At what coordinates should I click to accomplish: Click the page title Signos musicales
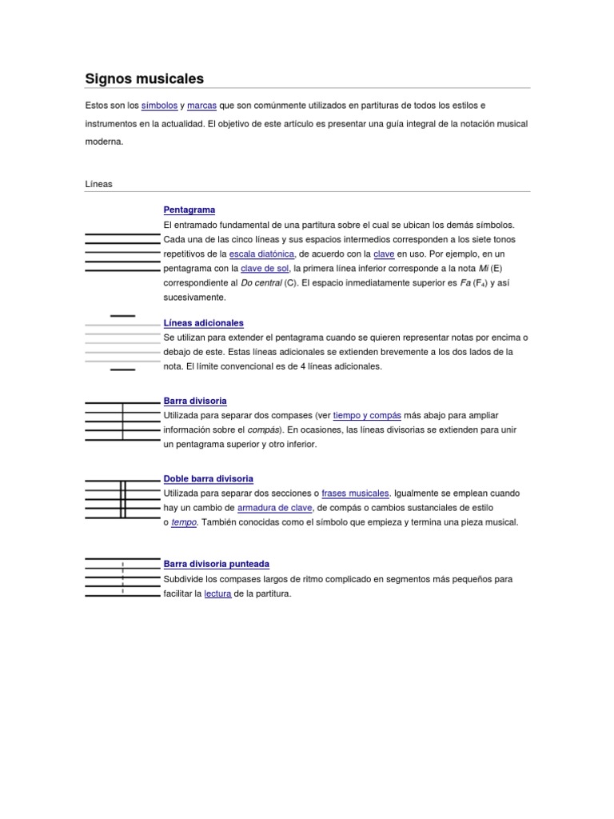145,78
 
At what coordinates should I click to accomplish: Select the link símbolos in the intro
159,106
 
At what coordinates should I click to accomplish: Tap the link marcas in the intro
201,106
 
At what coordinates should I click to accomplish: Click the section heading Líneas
99,184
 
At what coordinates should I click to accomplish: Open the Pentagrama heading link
189,210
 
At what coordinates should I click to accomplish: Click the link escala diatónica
262,254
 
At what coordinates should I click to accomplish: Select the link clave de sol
265,269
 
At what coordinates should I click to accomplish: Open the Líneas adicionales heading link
204,323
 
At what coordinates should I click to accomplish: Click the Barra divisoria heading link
195,401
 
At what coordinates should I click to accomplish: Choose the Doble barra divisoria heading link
209,478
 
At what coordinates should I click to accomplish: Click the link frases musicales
356,493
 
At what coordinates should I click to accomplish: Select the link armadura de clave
274,508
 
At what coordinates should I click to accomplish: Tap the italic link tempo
184,522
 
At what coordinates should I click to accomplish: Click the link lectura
217,593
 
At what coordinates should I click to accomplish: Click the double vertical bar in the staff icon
123,500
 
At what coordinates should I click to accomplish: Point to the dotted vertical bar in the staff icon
122,578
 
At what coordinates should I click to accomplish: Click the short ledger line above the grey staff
122,316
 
